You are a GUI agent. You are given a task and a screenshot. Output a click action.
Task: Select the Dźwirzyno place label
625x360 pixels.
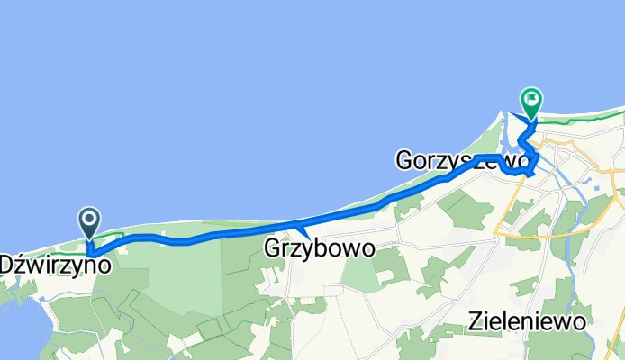(57, 265)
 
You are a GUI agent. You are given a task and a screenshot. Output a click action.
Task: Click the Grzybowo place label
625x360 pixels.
(319, 247)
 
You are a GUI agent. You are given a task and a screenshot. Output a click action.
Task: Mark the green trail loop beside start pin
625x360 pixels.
(110, 235)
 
